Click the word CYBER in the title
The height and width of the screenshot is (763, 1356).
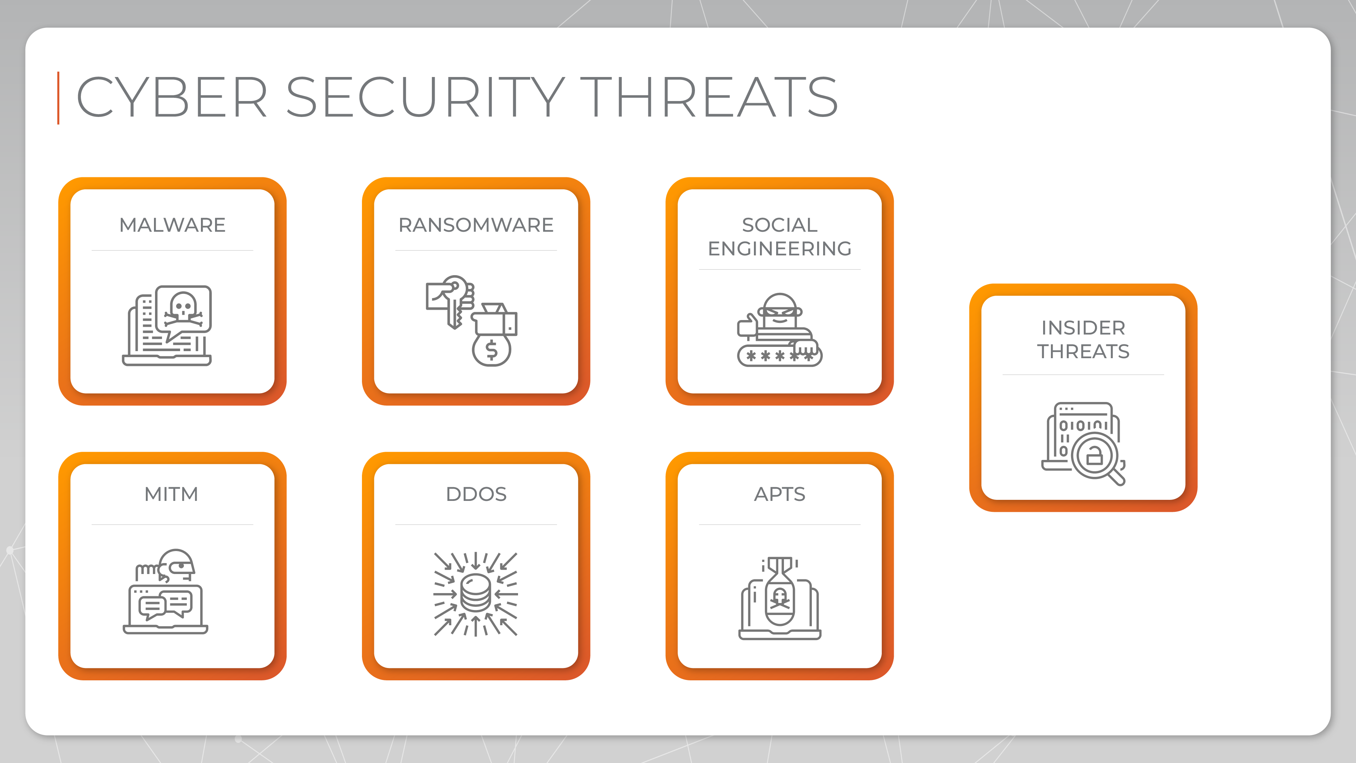click(172, 97)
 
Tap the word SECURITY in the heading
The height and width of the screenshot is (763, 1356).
click(425, 97)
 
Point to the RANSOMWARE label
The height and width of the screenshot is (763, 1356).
click(476, 225)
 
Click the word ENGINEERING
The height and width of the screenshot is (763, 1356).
click(780, 249)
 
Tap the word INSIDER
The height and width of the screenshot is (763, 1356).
click(1083, 327)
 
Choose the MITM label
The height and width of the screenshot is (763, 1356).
click(172, 494)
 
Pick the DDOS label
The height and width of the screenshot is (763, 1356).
click(476, 494)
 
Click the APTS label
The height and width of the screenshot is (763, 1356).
click(780, 494)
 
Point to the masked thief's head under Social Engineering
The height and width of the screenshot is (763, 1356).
click(780, 311)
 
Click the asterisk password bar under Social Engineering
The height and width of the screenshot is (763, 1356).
click(780, 356)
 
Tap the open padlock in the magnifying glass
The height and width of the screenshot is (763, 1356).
click(1094, 454)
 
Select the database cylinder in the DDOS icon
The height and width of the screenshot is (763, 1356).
click(476, 593)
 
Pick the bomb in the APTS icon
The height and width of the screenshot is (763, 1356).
click(780, 592)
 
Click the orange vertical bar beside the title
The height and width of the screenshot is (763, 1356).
click(58, 98)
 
